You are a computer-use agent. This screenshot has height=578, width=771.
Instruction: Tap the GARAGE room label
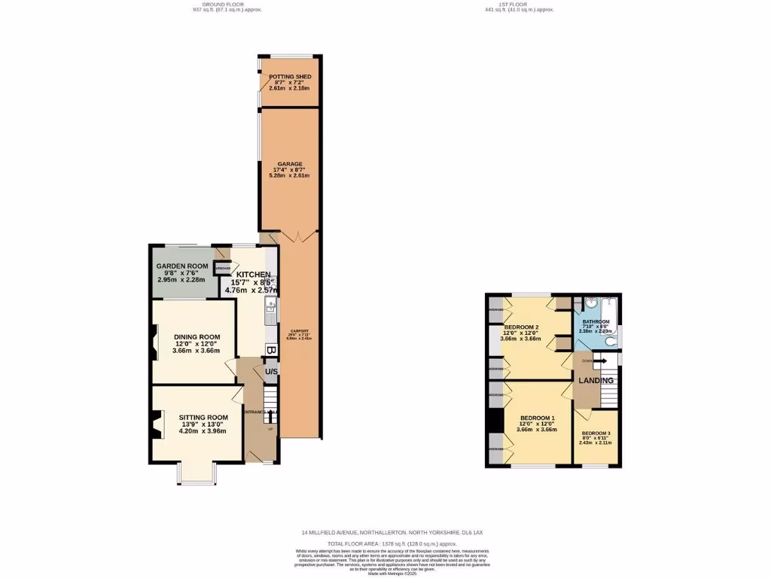289,164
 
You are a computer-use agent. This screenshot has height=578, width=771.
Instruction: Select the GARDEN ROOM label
181,266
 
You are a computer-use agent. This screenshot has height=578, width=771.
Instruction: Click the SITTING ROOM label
203,417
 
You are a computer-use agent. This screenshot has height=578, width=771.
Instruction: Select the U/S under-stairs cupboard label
271,372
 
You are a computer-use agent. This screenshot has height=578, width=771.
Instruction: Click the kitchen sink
270,305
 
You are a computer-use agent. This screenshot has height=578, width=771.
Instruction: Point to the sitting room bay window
197,474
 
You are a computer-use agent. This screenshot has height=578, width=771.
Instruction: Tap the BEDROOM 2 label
519,327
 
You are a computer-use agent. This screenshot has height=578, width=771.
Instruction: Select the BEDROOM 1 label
538,418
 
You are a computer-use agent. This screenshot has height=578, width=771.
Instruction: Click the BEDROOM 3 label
596,433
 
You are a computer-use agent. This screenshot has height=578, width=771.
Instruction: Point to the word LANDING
596,381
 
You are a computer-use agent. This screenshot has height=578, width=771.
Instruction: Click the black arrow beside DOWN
602,361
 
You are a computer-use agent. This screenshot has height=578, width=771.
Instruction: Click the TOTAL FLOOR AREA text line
392,543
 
